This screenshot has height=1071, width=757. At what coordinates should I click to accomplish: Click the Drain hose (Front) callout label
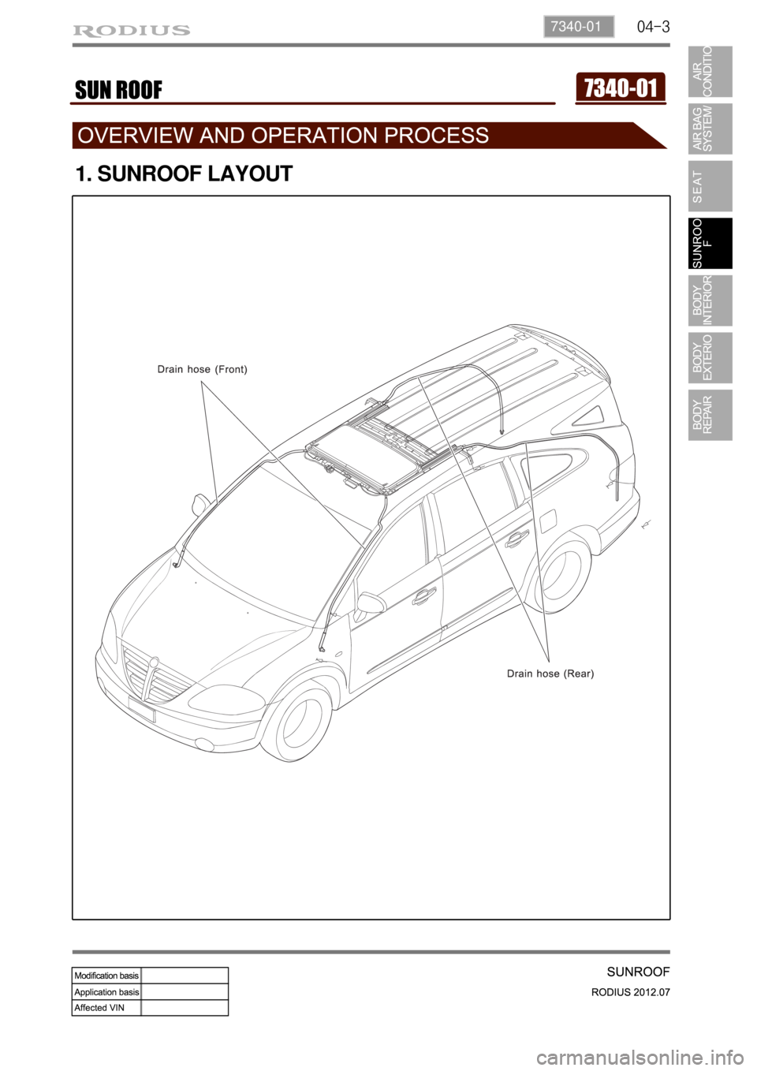[203, 369]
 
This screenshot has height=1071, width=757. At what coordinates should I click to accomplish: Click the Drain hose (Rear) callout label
[550, 674]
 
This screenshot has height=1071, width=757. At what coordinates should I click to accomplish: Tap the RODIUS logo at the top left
[132, 31]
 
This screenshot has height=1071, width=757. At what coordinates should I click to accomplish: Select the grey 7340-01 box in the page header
[577, 26]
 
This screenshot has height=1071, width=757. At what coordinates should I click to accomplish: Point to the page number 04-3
[653, 27]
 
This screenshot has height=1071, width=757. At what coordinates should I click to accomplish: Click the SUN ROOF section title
[119, 91]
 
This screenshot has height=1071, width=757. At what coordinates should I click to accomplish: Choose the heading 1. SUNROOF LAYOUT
[184, 174]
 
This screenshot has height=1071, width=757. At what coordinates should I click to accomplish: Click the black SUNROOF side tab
[709, 243]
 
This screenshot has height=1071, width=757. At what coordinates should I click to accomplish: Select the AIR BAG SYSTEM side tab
[709, 129]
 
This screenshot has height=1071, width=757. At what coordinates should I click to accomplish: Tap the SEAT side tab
[709, 186]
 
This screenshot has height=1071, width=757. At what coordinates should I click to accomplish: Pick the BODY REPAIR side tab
[709, 415]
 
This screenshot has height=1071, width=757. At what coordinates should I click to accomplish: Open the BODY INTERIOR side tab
[709, 300]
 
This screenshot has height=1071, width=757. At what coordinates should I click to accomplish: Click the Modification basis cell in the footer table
[106, 976]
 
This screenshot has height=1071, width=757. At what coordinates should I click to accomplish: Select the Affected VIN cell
[106, 1007]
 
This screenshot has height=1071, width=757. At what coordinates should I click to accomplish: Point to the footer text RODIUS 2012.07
[630, 992]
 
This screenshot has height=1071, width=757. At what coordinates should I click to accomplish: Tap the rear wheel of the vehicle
[561, 573]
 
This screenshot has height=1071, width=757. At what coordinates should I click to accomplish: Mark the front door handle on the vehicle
[423, 595]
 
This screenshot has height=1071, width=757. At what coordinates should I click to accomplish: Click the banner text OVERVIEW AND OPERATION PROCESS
[284, 136]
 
